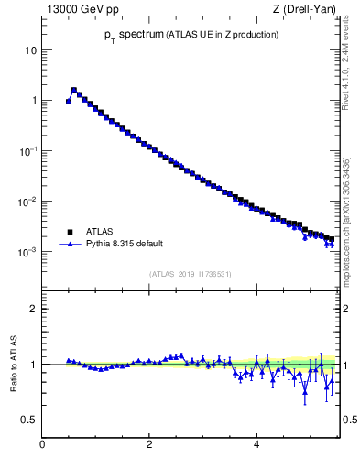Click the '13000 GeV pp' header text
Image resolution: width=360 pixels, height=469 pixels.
[x=77, y=9]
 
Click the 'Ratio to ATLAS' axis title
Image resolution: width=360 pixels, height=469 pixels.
[x=15, y=365]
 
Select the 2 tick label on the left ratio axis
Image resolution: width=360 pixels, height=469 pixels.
[x=34, y=309]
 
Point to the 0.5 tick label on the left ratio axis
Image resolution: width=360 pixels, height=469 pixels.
[x=30, y=420]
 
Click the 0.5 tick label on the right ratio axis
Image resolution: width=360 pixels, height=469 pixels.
[x=350, y=420]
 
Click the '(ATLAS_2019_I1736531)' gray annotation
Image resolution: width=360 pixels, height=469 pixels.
[x=190, y=274]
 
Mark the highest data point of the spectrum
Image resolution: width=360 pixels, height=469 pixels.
[x=74, y=90]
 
